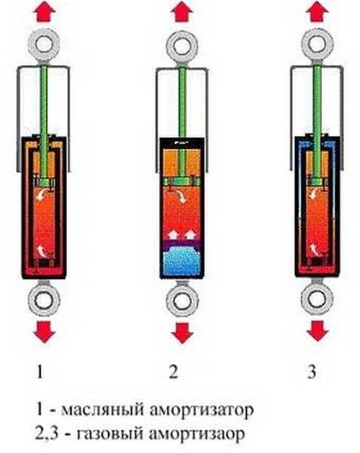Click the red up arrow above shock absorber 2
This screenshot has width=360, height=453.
(182, 11)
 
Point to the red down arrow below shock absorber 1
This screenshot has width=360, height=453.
(45, 332)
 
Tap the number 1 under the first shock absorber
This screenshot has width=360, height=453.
(40, 371)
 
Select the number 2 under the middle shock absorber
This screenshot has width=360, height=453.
(174, 371)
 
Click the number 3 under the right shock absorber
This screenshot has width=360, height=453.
(312, 371)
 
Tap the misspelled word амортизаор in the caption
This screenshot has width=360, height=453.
(198, 433)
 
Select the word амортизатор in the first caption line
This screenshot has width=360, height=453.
(202, 410)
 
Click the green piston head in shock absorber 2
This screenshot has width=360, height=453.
(182, 181)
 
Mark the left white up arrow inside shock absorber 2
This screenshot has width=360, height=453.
(174, 233)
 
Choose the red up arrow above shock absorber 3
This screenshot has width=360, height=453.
(318, 11)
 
